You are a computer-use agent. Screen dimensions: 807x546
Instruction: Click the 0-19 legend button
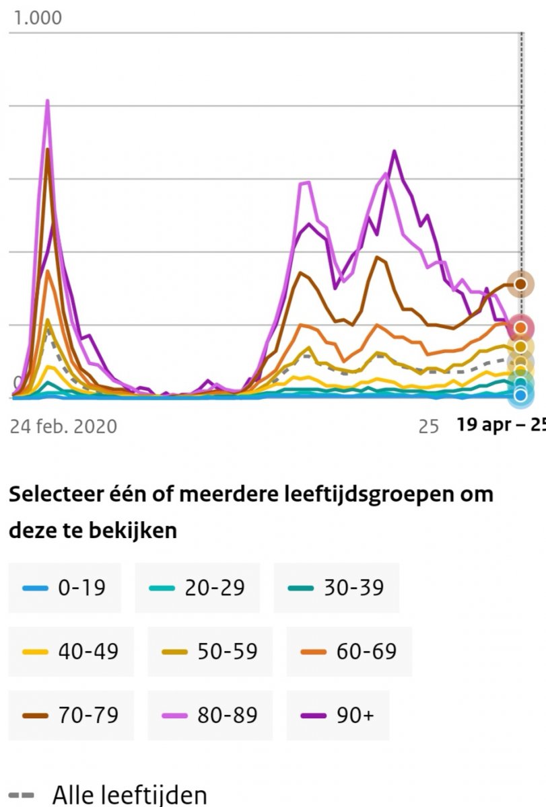tap(65, 588)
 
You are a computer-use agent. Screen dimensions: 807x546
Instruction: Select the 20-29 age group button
tap(197, 588)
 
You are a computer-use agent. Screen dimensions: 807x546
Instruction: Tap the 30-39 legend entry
tap(336, 588)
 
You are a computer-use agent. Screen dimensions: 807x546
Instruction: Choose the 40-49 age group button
tap(71, 651)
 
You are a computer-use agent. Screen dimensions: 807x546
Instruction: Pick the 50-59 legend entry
tap(210, 651)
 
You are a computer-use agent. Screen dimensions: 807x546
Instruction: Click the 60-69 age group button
tap(349, 651)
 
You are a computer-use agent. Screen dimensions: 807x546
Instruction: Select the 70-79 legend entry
tap(71, 714)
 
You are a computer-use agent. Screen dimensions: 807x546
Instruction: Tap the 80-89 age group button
tap(210, 714)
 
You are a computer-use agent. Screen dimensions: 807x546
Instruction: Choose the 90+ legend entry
tap(336, 714)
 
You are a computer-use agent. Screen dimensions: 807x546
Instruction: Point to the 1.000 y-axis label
tap(38, 17)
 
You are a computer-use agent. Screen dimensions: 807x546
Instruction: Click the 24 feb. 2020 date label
tap(63, 426)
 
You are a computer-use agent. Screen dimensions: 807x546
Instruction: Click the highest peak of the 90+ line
tap(394, 151)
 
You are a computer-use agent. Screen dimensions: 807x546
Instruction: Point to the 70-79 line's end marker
tap(520, 284)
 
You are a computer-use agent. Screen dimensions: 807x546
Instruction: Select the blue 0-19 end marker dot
tap(520, 395)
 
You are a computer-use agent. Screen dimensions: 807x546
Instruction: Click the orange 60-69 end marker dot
tap(520, 328)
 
